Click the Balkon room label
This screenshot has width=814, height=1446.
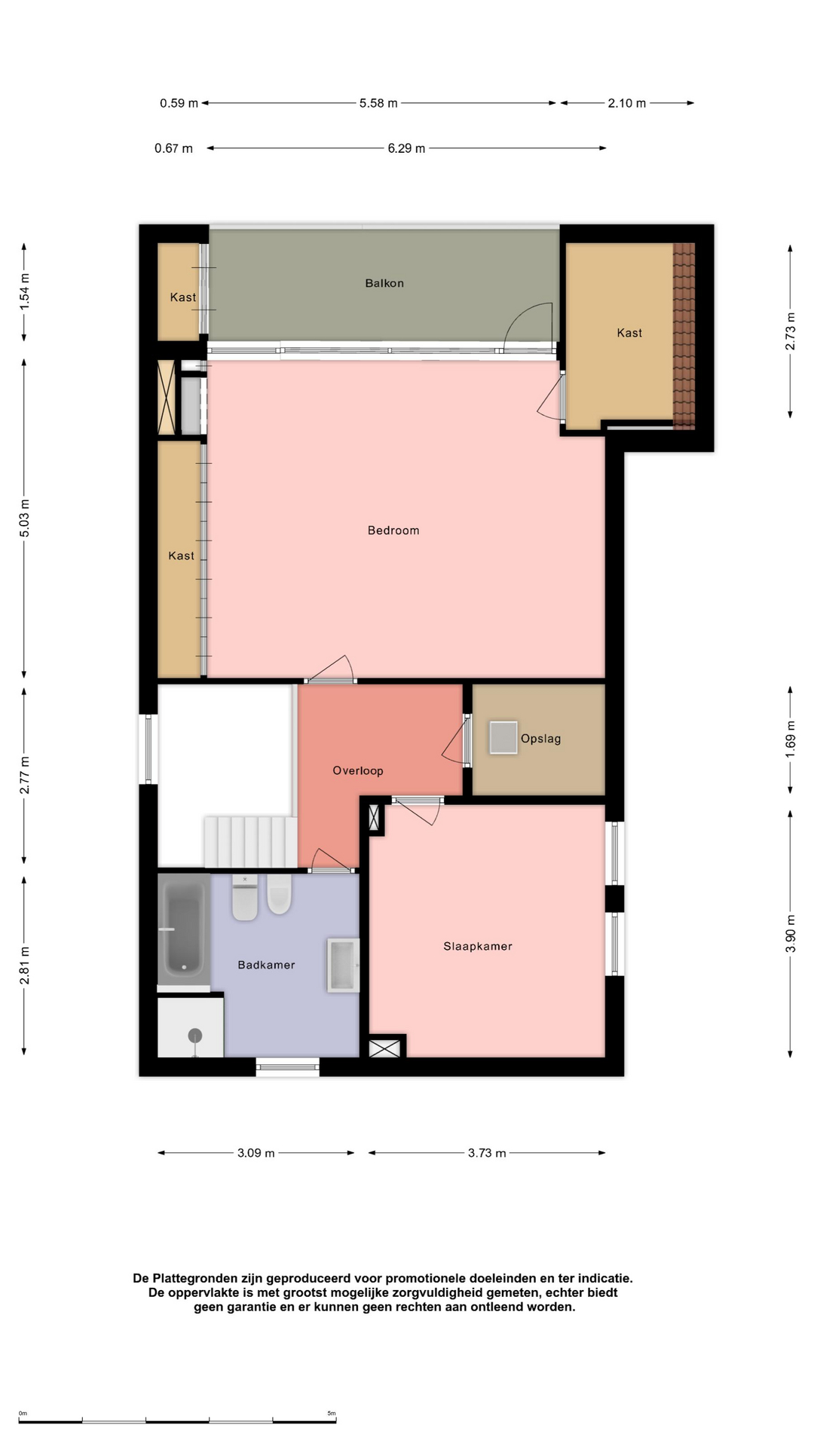point(384,283)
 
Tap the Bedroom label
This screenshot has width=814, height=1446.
point(393,530)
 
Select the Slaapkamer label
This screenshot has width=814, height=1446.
point(478,947)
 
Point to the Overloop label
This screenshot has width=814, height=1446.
point(358,770)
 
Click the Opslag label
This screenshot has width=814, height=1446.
point(541,739)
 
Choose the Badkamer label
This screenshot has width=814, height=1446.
point(266,965)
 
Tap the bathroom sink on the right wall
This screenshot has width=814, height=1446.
point(343,965)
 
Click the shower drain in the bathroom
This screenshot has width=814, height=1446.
point(195,1036)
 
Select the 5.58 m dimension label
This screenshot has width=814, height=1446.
point(378,103)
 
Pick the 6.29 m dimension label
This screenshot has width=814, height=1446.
point(406,148)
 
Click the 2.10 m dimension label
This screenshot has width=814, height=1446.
point(627,103)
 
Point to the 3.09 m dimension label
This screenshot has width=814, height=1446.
point(256,1153)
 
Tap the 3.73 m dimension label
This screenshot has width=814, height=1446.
point(487,1153)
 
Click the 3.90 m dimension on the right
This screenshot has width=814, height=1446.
point(791,933)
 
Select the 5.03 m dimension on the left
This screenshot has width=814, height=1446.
point(25,519)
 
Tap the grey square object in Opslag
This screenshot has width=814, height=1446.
point(503,737)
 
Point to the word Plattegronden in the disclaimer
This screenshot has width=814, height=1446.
point(195,1278)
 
